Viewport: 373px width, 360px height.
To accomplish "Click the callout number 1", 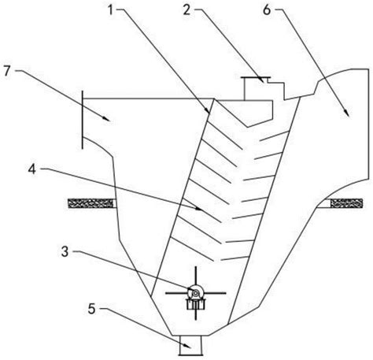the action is pyautogui.click(x=111, y=10).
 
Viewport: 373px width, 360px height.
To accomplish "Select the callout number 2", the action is pyautogui.click(x=186, y=10).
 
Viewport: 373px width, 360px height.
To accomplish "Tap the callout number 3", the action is pyautogui.click(x=65, y=251).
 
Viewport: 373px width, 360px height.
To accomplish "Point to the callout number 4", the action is pyautogui.click(x=32, y=169).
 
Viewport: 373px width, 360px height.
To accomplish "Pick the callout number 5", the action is pyautogui.click(x=91, y=309).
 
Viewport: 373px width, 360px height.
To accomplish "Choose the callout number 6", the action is pyautogui.click(x=267, y=10).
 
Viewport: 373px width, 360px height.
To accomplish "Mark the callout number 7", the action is pyautogui.click(x=7, y=71).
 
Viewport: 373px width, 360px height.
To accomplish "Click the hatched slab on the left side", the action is pyautogui.click(x=90, y=203).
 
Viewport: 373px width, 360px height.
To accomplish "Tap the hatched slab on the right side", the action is pyautogui.click(x=346, y=203).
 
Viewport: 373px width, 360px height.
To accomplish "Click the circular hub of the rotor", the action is pyautogui.click(x=196, y=292).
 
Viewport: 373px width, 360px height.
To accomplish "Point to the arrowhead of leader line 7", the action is pyautogui.click(x=107, y=119).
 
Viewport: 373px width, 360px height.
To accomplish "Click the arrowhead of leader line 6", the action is pyautogui.click(x=347, y=113).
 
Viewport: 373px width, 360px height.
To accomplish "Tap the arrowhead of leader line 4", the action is pyautogui.click(x=199, y=209).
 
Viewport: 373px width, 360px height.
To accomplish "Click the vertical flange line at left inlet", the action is pyautogui.click(x=83, y=120).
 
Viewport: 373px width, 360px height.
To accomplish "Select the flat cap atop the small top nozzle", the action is pyautogui.click(x=256, y=78).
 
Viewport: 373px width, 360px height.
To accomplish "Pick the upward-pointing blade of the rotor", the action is pyautogui.click(x=196, y=276).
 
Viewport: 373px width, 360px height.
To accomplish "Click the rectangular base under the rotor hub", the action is pyautogui.click(x=196, y=304).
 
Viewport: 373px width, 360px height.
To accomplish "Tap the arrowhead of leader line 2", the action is pyautogui.click(x=261, y=80).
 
